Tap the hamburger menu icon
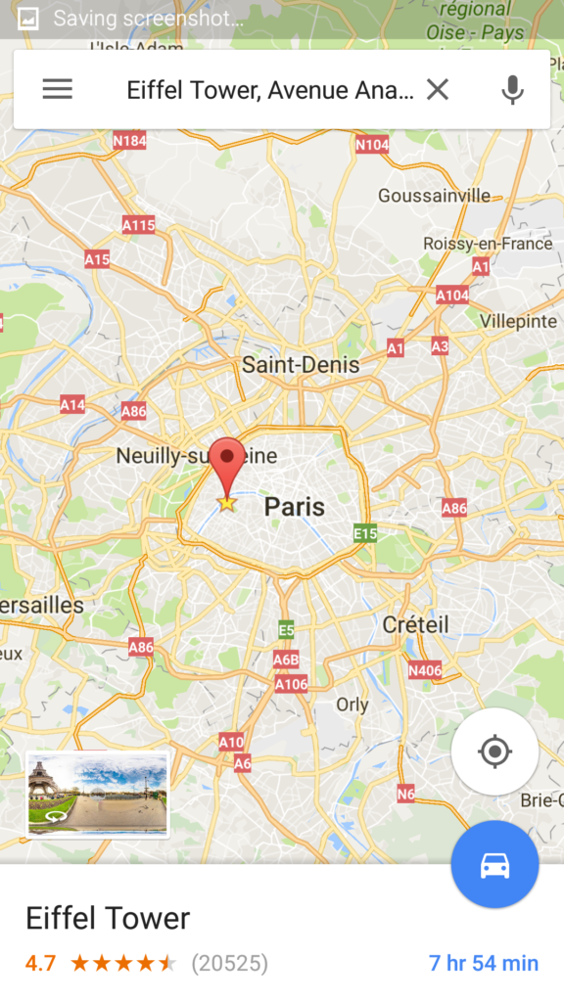(57, 89)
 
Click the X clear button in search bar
(438, 90)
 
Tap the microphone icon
(512, 90)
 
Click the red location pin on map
(228, 460)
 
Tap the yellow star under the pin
(227, 503)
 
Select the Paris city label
(295, 507)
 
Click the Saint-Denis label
(301, 365)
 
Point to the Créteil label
(416, 624)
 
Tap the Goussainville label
(434, 196)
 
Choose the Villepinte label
(518, 321)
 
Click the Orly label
(352, 705)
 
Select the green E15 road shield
(366, 533)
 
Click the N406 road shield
(425, 670)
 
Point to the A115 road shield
(138, 225)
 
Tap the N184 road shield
(129, 141)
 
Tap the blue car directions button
(494, 865)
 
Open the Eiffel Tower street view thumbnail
(97, 794)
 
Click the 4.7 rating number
(40, 963)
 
